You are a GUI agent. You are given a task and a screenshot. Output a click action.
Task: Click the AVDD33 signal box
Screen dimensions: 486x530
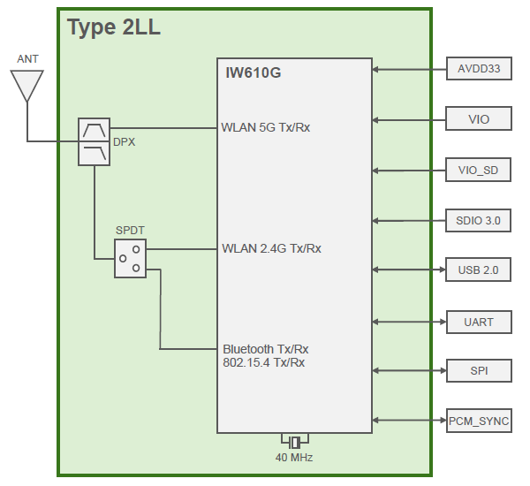click(x=479, y=69)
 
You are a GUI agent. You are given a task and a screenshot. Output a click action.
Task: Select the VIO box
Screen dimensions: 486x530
click(x=479, y=119)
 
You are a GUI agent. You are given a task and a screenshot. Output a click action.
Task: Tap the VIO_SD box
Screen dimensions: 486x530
click(x=479, y=170)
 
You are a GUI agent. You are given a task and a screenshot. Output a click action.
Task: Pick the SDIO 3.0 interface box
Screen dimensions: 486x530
click(x=479, y=220)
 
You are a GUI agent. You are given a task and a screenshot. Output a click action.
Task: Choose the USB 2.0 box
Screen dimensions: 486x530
click(x=479, y=270)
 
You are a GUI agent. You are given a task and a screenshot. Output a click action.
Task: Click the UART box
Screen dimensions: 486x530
click(x=479, y=322)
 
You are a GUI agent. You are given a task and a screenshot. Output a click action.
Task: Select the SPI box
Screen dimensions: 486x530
click(x=479, y=370)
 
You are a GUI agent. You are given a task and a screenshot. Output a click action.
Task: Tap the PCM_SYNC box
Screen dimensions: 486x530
click(x=479, y=421)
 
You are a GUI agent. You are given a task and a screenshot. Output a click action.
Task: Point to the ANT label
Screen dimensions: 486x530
click(x=27, y=59)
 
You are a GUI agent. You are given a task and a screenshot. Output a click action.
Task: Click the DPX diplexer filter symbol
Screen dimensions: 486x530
click(x=94, y=141)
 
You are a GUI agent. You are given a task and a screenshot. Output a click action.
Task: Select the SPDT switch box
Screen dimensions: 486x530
click(x=130, y=258)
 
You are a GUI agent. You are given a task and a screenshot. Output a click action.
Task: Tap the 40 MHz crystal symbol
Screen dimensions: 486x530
click(x=294, y=441)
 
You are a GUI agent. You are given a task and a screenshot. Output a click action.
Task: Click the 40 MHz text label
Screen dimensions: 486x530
click(x=294, y=458)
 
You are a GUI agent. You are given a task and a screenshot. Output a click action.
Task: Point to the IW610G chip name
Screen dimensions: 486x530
click(x=254, y=72)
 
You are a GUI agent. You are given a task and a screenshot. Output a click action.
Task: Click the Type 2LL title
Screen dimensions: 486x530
click(x=114, y=27)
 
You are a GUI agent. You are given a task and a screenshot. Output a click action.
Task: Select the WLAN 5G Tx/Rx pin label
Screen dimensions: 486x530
click(x=266, y=127)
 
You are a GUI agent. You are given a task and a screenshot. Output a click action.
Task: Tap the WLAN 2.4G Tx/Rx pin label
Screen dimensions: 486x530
click(x=271, y=248)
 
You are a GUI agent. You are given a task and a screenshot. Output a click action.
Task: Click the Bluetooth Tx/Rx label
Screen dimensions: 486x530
click(x=265, y=349)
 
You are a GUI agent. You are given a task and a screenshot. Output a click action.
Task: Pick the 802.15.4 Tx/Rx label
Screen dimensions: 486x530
click(x=264, y=362)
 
